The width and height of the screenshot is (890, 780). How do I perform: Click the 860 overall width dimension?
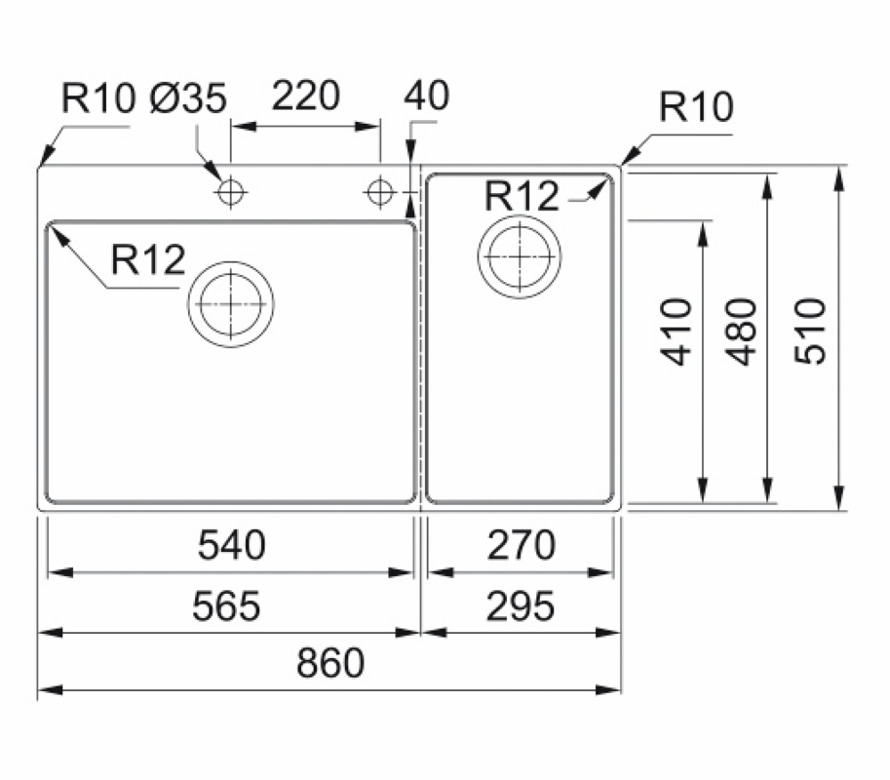[x=331, y=663]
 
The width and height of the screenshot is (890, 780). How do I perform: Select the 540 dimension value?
[x=232, y=545]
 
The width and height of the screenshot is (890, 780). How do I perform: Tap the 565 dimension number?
[x=226, y=606]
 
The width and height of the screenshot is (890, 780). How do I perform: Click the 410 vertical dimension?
[x=677, y=331]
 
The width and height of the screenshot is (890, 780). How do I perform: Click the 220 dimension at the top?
[x=306, y=97]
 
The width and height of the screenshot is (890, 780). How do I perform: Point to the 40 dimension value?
[x=426, y=97]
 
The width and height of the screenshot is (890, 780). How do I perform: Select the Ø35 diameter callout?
[x=190, y=98]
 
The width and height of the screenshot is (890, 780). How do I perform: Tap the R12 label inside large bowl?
[x=147, y=260]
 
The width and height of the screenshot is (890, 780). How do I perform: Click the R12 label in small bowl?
[x=522, y=197]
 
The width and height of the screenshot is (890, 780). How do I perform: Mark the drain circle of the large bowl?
[x=231, y=303]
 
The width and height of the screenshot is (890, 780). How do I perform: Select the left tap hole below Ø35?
[x=230, y=193]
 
